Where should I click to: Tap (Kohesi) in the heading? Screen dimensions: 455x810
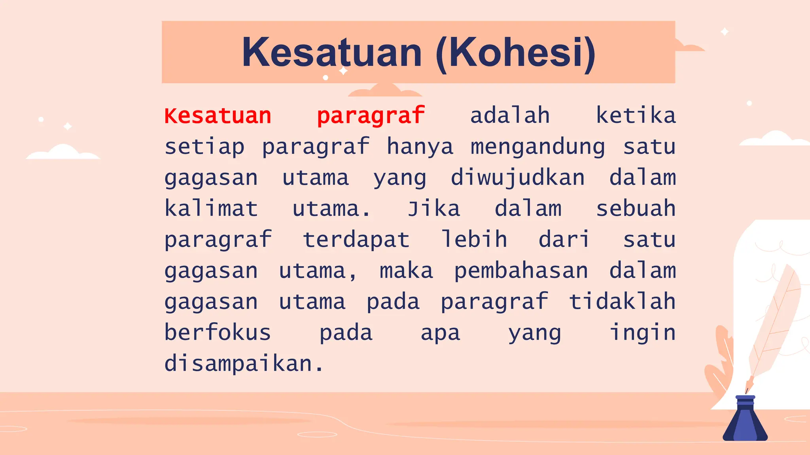515,53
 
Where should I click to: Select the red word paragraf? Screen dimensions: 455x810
371,116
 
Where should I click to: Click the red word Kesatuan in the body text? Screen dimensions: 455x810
218,116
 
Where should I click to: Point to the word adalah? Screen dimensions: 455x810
510,116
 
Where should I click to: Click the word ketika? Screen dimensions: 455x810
636,116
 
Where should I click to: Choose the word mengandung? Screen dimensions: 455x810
537,147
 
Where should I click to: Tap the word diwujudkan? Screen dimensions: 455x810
518,178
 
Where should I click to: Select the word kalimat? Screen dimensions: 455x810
211,209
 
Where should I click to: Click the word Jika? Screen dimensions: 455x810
434,209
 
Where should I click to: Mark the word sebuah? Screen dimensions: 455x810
636,209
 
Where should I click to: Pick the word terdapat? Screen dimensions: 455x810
356,240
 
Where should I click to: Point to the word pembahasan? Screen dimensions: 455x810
521,271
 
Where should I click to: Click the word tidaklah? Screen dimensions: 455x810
622,302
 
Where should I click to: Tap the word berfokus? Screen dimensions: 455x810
218,333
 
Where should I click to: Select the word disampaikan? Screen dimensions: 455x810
243,364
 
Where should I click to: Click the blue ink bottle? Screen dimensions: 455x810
745,421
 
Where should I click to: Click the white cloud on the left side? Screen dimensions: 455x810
63,153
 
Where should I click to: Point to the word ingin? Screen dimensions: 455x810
642,333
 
